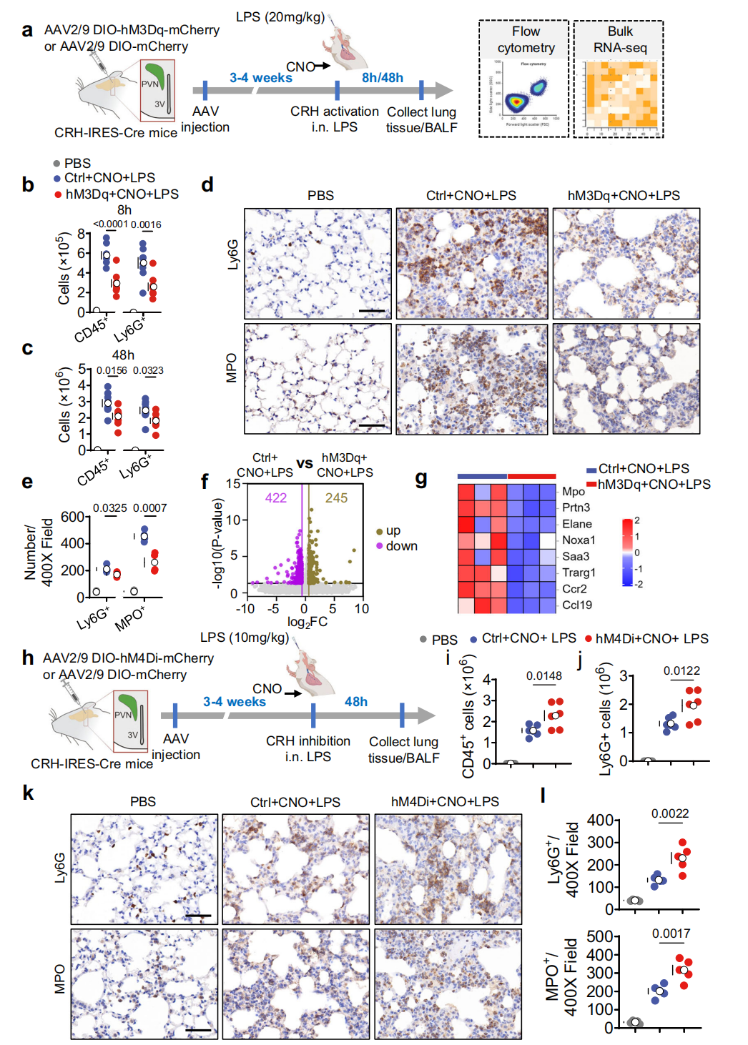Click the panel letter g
click(421, 478)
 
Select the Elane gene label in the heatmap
click(576, 524)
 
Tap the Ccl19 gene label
click(576, 605)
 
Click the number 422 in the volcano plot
click(276, 498)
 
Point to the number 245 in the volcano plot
click(336, 498)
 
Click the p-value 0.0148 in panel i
click(543, 676)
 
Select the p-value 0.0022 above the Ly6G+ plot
click(669, 813)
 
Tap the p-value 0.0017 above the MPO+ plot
click(671, 933)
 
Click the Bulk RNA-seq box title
click(620, 39)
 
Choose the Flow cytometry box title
click(526, 39)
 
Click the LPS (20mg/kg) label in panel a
click(280, 16)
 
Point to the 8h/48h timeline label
click(382, 78)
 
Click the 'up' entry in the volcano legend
click(393, 530)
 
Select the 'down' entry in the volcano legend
click(401, 546)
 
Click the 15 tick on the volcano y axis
click(233, 484)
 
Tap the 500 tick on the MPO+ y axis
click(599, 936)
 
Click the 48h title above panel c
click(123, 355)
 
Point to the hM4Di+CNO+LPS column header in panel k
click(445, 802)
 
